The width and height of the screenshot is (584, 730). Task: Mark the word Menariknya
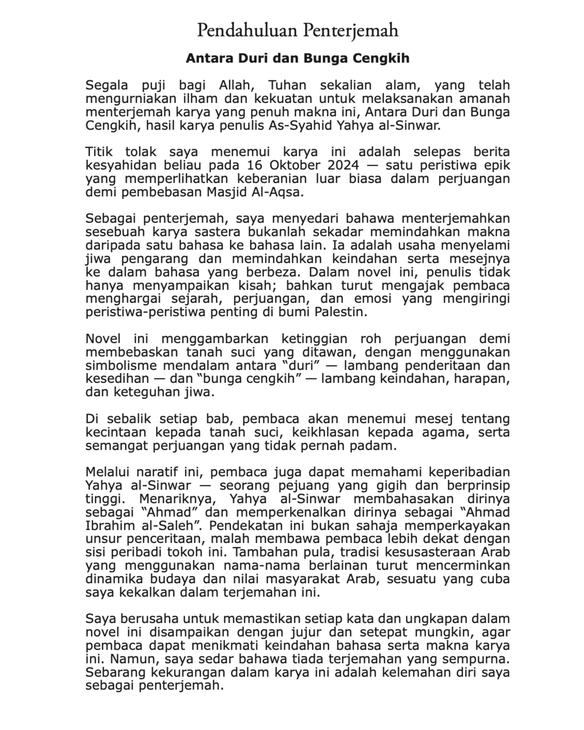tap(180, 499)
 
